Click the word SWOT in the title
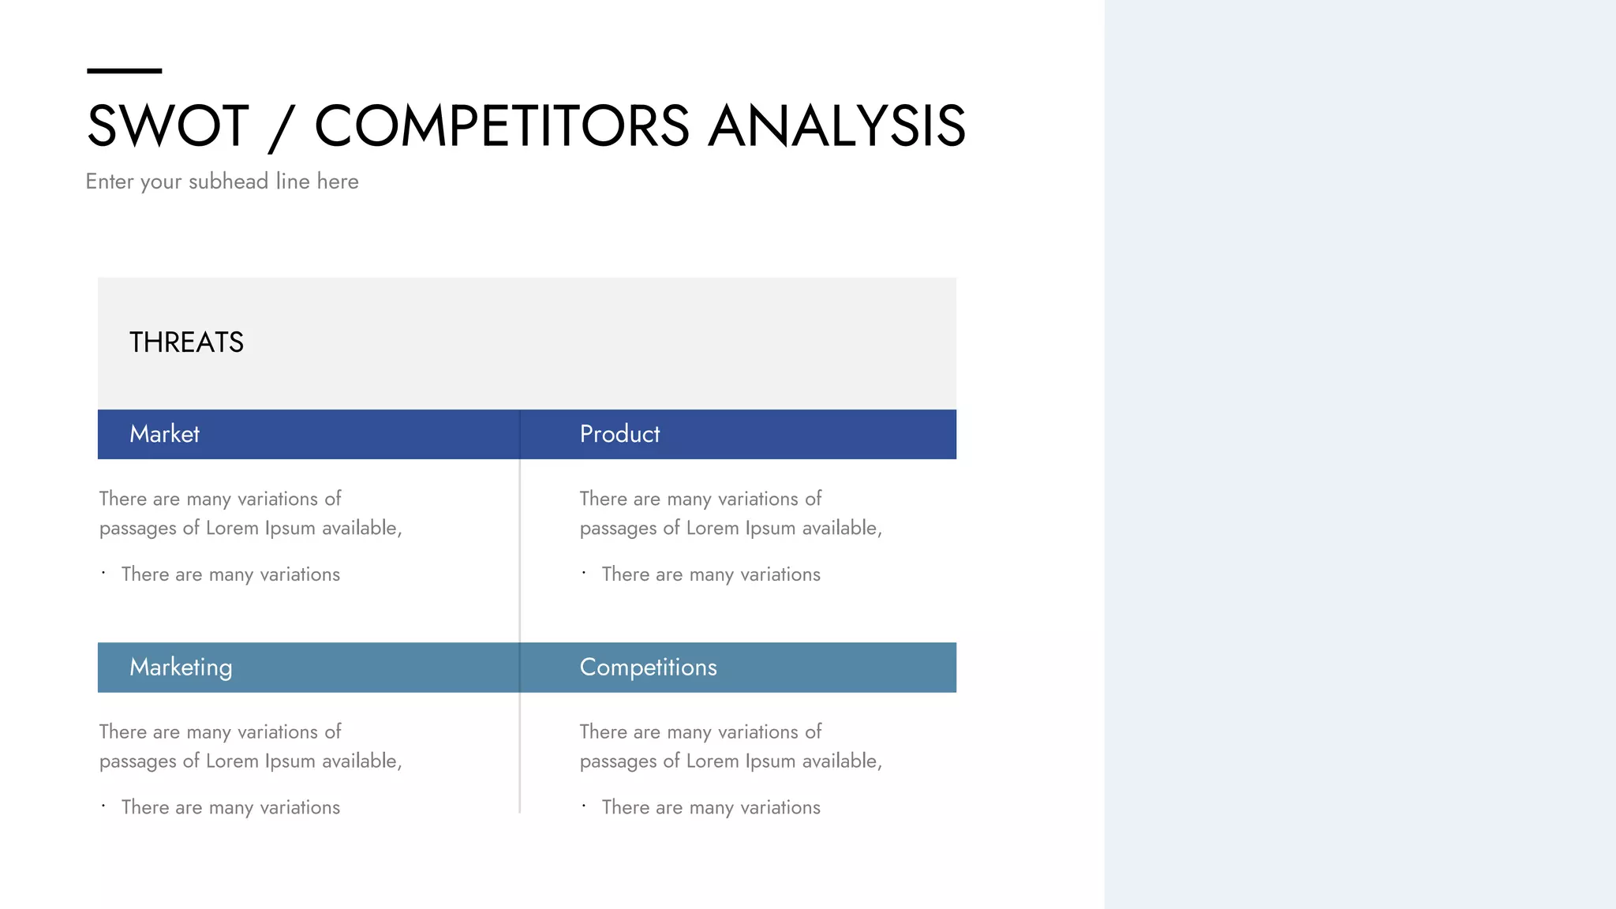[x=167, y=126]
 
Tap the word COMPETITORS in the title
[x=502, y=126]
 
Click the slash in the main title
[x=282, y=128]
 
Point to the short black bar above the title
[x=124, y=71]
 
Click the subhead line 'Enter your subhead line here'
[x=222, y=181]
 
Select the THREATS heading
[x=186, y=342]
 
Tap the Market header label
[x=164, y=434]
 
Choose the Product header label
[x=619, y=434]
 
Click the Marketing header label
[x=181, y=668]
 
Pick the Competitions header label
[x=648, y=668]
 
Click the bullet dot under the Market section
[x=103, y=573]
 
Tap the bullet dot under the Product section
[x=584, y=573]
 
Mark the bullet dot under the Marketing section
[x=103, y=806]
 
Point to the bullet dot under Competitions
[x=584, y=806]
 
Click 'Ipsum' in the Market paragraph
[x=290, y=528]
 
